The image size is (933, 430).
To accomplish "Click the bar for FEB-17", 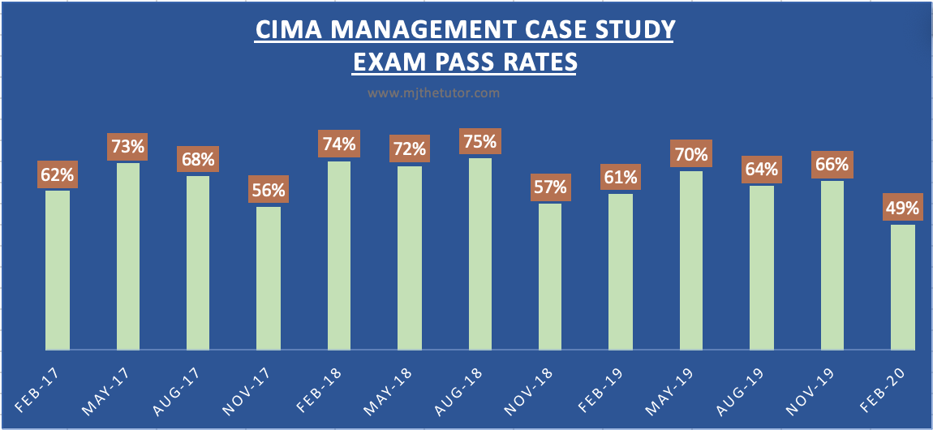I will (58, 270).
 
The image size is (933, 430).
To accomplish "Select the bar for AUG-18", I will (479, 254).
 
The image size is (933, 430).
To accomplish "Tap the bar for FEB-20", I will (902, 287).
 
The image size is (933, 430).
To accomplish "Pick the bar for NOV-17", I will (269, 278).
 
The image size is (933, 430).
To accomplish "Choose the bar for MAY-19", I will (691, 260).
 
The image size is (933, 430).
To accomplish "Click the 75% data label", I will (479, 140).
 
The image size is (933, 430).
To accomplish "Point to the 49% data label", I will (902, 208).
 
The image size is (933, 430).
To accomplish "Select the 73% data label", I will (128, 147).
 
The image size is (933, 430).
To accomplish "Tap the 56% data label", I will (269, 191).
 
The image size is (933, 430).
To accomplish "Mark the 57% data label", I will (550, 187).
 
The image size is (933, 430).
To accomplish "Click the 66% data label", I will (832, 165).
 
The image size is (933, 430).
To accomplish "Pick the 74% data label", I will (339, 144).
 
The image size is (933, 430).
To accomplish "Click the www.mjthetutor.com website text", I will (433, 93).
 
